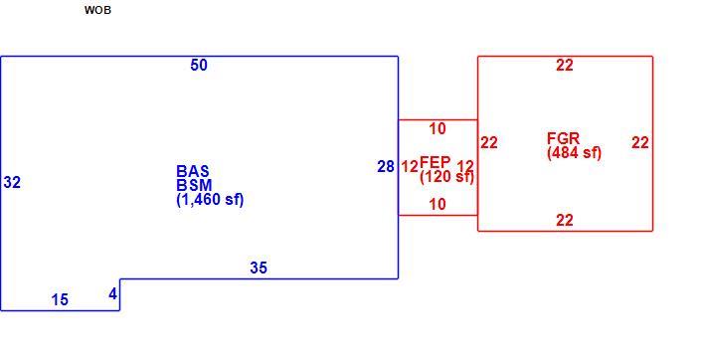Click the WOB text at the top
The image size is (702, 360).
point(97,10)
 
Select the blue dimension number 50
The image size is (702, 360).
point(199,66)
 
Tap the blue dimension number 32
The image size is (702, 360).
point(12,183)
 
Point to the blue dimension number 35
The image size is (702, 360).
point(259,268)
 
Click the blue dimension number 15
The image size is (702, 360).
point(60,299)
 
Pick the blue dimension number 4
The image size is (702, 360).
point(112,294)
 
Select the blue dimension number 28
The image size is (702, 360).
point(386,167)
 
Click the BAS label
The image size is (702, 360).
point(193,171)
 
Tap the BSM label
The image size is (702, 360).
point(194,185)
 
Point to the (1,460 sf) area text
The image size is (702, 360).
point(210,200)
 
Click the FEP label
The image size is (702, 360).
point(436,162)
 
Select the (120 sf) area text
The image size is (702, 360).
point(446,176)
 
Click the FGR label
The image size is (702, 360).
point(563,138)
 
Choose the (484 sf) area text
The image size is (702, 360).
point(575,153)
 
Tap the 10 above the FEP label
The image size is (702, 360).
point(438,129)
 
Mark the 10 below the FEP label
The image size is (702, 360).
point(438,205)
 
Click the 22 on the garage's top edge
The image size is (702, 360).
point(565,66)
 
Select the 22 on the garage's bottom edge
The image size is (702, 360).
point(565,221)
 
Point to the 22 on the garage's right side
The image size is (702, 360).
point(640,143)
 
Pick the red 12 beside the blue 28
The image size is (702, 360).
point(410,167)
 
